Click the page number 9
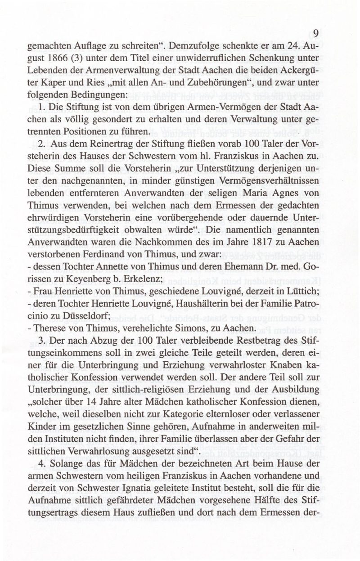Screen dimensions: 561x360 pyautogui.click(x=316, y=34)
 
